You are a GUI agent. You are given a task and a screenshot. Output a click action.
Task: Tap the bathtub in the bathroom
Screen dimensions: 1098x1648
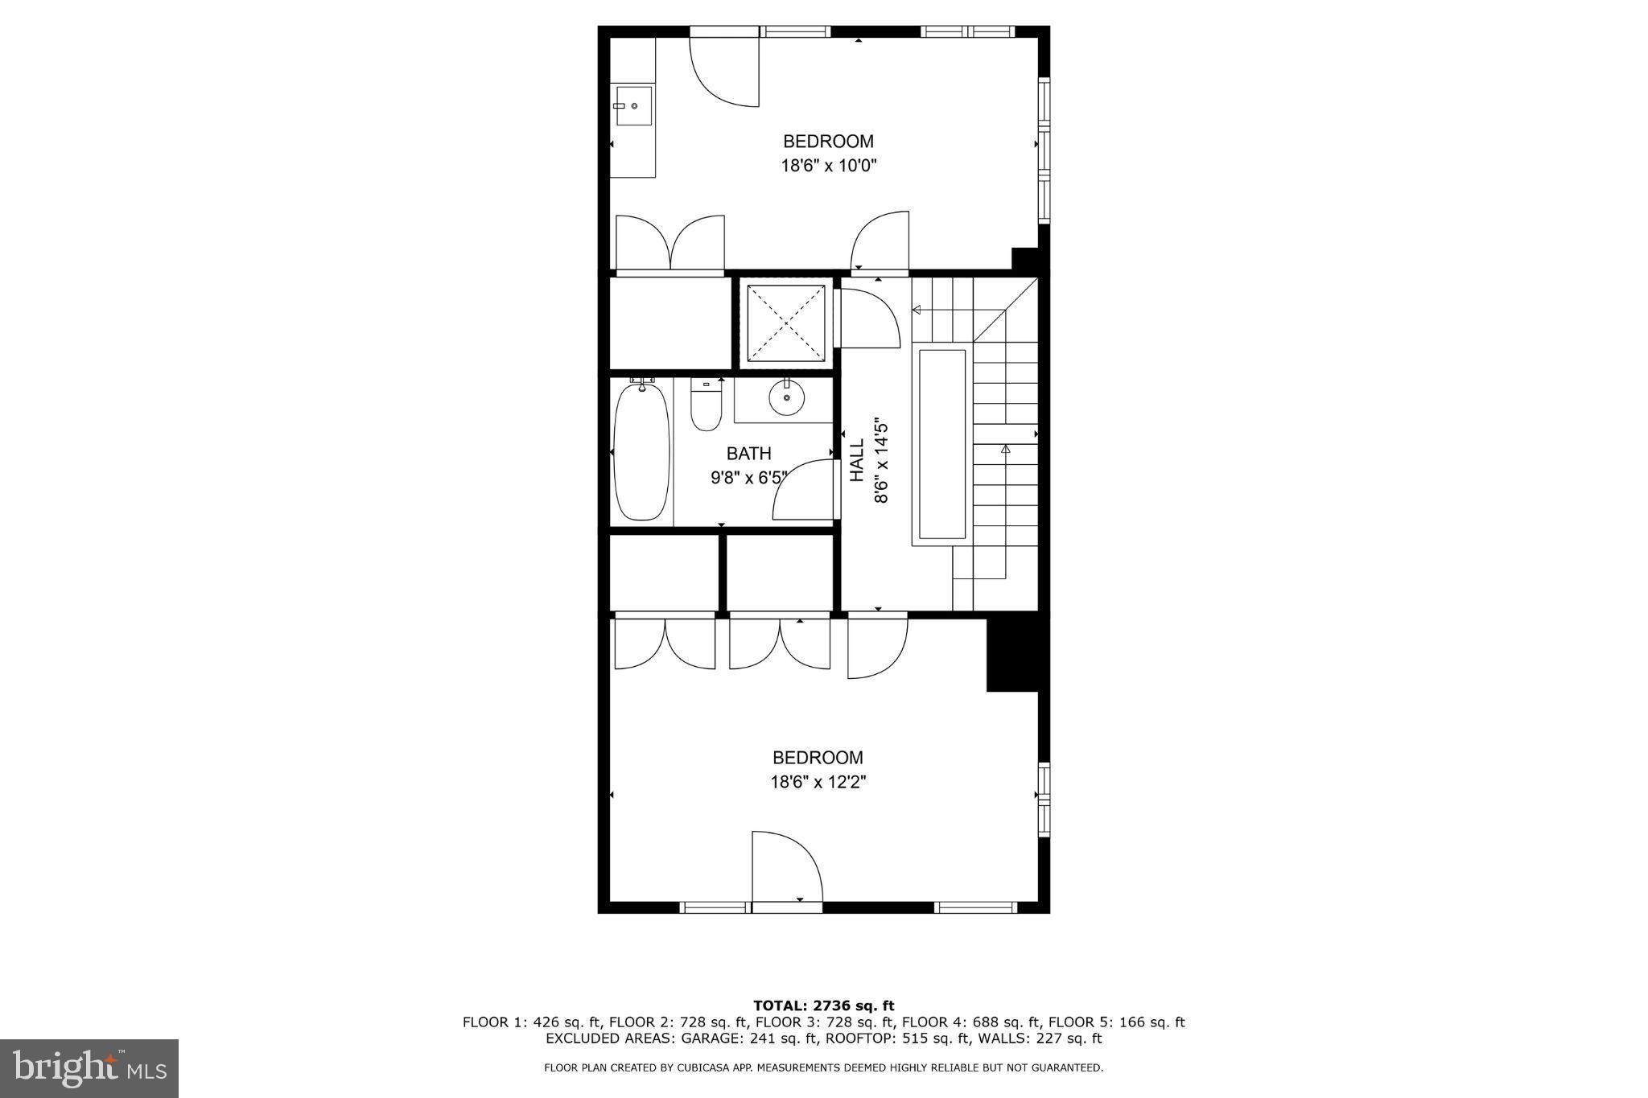[641, 453]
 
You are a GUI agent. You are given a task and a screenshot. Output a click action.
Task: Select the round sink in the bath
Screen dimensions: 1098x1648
[785, 397]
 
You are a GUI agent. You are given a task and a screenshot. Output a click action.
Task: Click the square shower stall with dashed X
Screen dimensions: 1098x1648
[785, 323]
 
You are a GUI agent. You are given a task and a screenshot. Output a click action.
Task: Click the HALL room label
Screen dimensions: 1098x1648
[857, 460]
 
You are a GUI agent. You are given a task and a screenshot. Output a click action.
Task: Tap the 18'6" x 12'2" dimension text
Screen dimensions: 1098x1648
[818, 782]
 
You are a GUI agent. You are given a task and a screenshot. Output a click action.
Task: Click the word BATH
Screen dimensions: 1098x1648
[748, 454]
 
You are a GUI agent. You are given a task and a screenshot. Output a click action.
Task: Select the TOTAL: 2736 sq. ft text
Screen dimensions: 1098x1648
[823, 1005]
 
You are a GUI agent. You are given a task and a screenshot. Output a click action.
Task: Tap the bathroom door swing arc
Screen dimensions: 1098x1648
[801, 491]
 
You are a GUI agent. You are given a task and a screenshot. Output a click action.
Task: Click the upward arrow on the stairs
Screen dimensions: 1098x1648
[1005, 450]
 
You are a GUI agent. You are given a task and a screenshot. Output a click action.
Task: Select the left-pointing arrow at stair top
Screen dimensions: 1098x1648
[917, 310]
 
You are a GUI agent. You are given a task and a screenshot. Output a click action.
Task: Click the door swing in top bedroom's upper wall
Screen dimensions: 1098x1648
[724, 72]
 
